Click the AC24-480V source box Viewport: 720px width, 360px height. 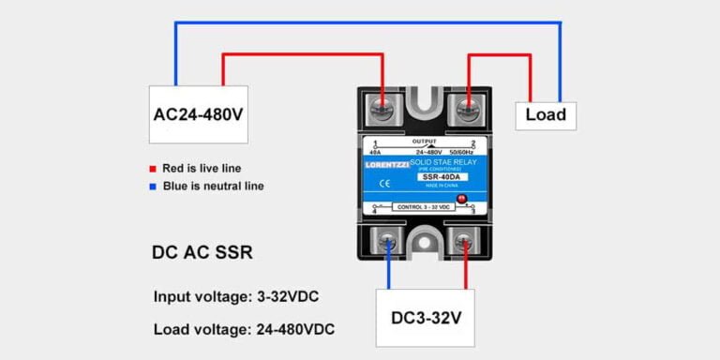[x=198, y=114]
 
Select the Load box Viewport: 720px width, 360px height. [x=545, y=114]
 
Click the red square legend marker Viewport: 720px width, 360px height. [x=152, y=169]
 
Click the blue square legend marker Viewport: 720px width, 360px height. [x=152, y=186]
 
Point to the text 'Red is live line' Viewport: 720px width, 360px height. [x=202, y=169]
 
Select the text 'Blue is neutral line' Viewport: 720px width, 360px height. [x=213, y=186]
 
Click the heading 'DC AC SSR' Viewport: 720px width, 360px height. [x=202, y=252]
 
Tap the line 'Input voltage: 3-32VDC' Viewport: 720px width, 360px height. [x=235, y=296]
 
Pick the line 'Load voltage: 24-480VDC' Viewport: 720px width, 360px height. [x=244, y=329]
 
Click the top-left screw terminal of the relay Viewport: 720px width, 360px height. [x=382, y=109]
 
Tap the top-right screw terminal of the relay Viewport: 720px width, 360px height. [x=466, y=109]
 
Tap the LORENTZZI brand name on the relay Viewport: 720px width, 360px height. [x=385, y=167]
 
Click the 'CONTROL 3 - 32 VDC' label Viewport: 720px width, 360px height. [x=425, y=206]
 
